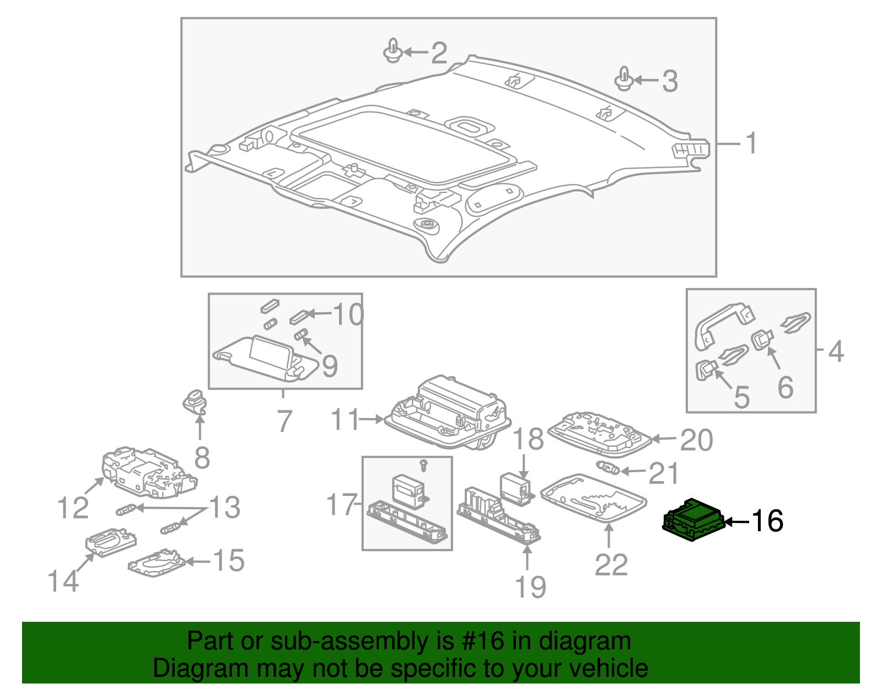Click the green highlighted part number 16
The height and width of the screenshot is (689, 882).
click(x=693, y=520)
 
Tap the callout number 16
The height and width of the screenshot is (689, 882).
click(x=767, y=521)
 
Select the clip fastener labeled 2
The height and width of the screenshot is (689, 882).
click(x=392, y=51)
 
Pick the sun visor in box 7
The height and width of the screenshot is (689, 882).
click(x=265, y=359)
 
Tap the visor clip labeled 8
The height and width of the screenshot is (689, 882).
click(x=194, y=401)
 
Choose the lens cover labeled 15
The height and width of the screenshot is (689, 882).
click(x=157, y=563)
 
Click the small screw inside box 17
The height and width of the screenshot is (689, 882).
click(x=423, y=465)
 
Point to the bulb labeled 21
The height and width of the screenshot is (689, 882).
click(x=609, y=468)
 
